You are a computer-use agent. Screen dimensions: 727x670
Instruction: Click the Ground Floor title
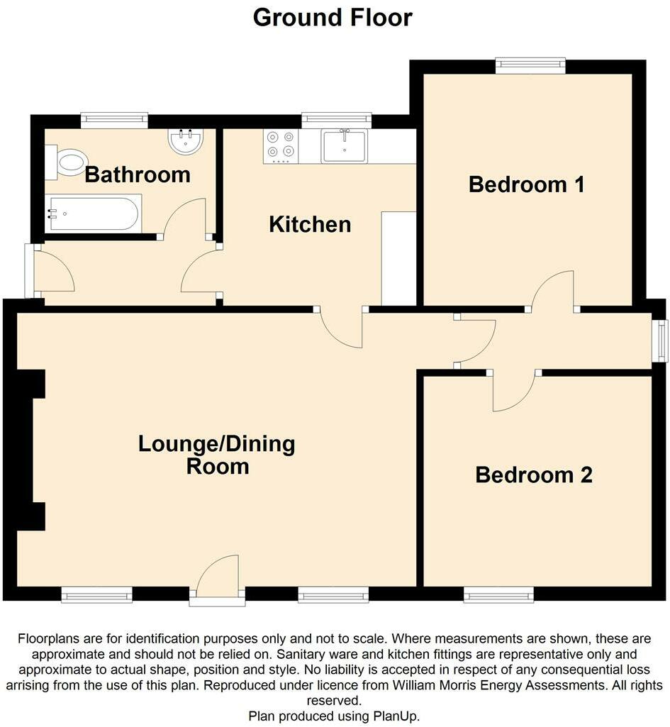point(333,17)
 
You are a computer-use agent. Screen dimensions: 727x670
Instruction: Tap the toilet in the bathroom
point(67,162)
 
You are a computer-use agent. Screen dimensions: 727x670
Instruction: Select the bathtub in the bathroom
point(93,213)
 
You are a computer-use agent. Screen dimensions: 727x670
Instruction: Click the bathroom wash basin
point(186,140)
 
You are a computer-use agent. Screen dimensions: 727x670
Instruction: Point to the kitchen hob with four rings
point(281,145)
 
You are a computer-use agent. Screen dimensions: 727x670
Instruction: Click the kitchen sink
point(344,146)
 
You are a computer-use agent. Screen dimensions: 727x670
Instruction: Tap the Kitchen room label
point(310,225)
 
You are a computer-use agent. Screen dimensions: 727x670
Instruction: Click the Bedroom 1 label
point(527,185)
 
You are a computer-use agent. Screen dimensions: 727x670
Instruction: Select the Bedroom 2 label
point(533,475)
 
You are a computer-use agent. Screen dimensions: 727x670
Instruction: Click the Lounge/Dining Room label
point(217,455)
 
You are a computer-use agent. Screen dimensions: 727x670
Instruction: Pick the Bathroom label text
point(138,174)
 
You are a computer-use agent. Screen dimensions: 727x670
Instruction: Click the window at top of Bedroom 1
point(530,66)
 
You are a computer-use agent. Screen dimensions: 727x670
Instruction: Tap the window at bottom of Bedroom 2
point(498,594)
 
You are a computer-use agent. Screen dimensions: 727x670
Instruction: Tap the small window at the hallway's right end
point(661,340)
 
